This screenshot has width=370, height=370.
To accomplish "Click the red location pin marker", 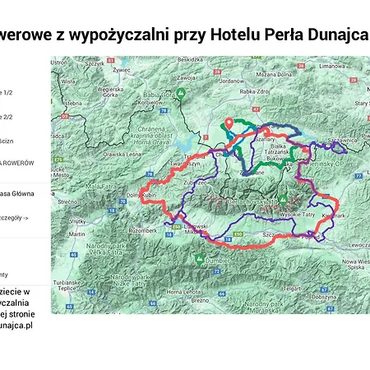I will [229, 124].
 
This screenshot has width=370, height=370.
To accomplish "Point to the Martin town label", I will [77, 234].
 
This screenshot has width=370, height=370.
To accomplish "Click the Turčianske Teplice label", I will [67, 284].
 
